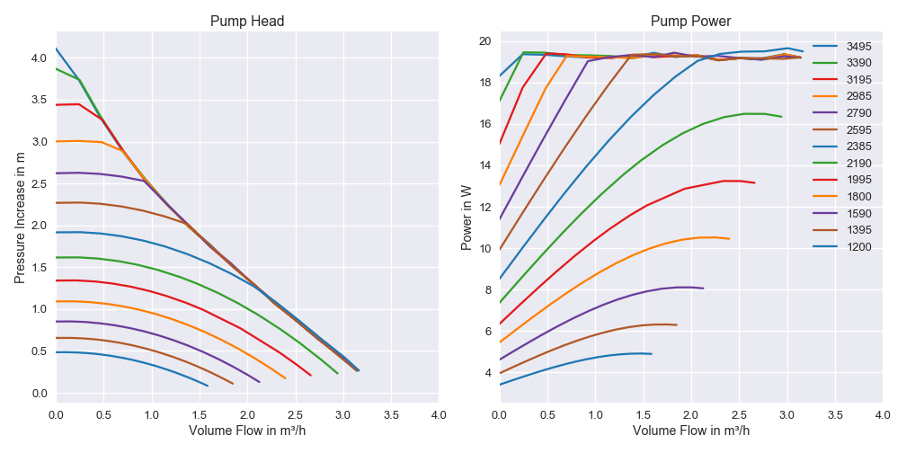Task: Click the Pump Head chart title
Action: [x=247, y=22]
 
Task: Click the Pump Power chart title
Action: [x=690, y=22]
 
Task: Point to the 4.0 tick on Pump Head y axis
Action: [x=40, y=58]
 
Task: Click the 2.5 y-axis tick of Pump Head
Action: [x=40, y=183]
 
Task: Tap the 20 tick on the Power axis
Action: [x=484, y=41]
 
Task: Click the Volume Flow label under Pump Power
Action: [x=690, y=431]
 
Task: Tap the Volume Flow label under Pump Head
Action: [x=247, y=431]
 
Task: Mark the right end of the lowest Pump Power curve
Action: [x=652, y=354]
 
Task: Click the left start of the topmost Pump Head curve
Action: [x=56, y=49]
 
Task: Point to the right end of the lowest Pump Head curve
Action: [x=208, y=386]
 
